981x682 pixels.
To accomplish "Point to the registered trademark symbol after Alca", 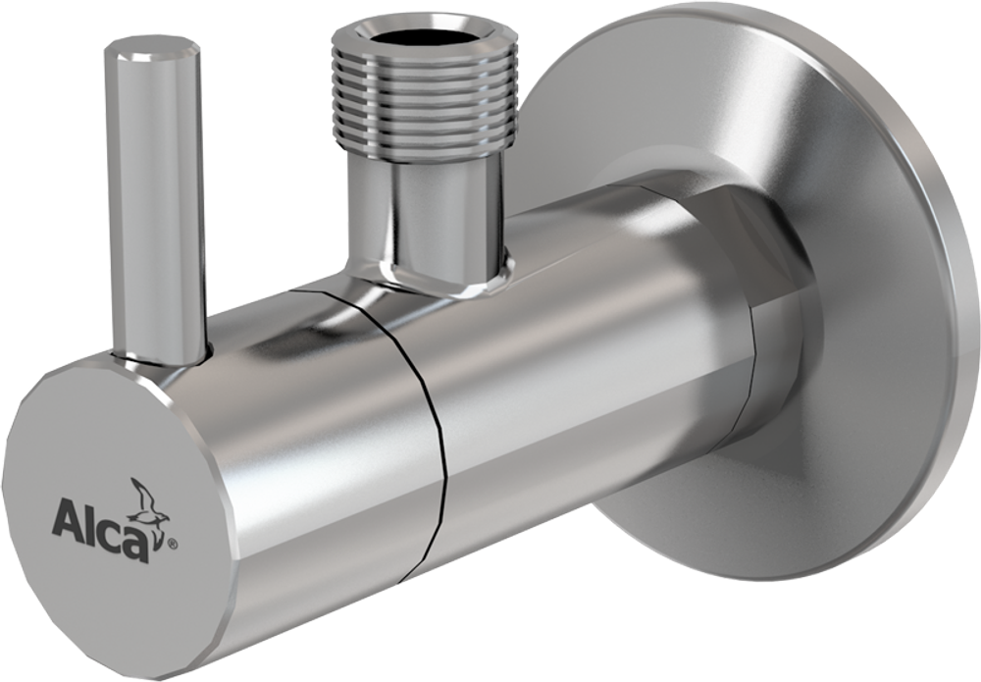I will (173, 539).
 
